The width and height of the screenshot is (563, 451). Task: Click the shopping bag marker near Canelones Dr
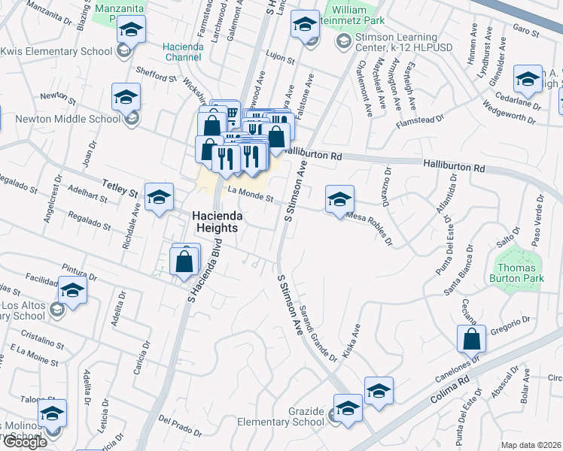tap(470, 339)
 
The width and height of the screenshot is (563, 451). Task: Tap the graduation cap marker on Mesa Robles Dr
tap(339, 199)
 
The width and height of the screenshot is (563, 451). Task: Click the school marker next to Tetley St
tap(159, 197)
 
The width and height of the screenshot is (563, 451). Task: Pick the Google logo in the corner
tap(25, 442)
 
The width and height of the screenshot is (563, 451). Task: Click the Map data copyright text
tap(531, 445)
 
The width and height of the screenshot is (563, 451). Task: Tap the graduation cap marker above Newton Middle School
tap(126, 96)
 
